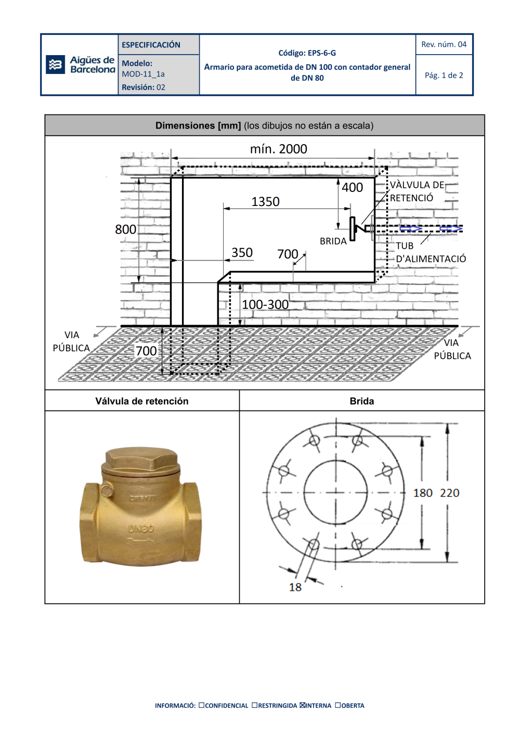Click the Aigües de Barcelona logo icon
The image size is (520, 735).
click(55, 65)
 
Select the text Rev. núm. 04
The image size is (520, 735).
click(444, 44)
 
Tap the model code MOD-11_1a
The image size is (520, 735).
click(143, 74)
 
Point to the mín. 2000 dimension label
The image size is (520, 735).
click(279, 149)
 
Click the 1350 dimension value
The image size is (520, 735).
click(265, 201)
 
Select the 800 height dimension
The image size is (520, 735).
click(125, 229)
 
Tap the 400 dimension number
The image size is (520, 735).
click(353, 187)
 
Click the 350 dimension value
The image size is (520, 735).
click(242, 252)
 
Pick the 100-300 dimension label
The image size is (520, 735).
click(265, 304)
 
